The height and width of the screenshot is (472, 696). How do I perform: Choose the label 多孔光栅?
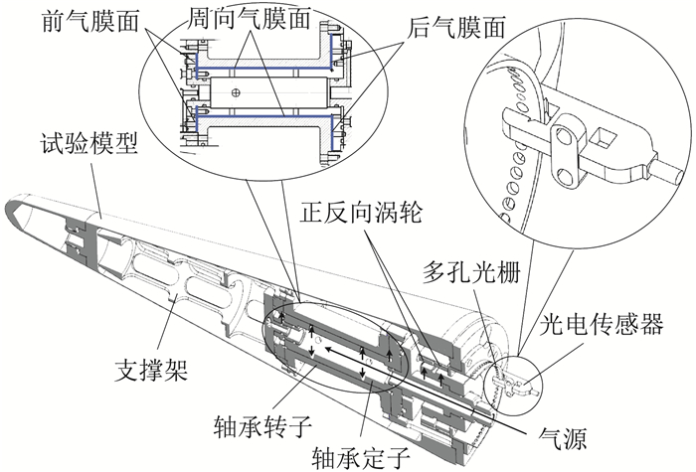[x=463, y=274]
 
